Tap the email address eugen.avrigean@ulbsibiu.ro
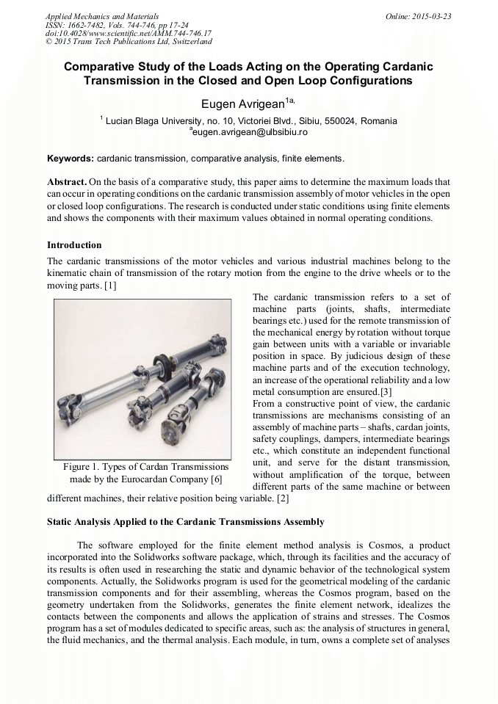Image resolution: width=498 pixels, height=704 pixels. [x=249, y=132]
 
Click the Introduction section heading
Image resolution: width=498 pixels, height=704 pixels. [x=74, y=244]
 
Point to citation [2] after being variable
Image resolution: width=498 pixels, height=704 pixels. [x=282, y=498]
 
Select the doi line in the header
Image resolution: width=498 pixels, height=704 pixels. [x=129, y=33]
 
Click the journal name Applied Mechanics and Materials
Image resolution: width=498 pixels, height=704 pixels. [x=101, y=15]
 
